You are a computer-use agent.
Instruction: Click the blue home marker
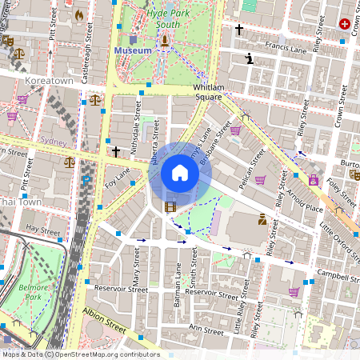click(180, 173)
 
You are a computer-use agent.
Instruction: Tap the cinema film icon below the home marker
click(170, 207)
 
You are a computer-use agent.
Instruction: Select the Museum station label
click(133, 50)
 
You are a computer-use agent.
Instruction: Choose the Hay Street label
click(43, 230)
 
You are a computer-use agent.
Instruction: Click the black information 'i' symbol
click(250, 58)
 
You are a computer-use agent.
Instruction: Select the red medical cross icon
click(345, 24)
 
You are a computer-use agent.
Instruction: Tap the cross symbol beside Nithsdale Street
click(116, 150)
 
